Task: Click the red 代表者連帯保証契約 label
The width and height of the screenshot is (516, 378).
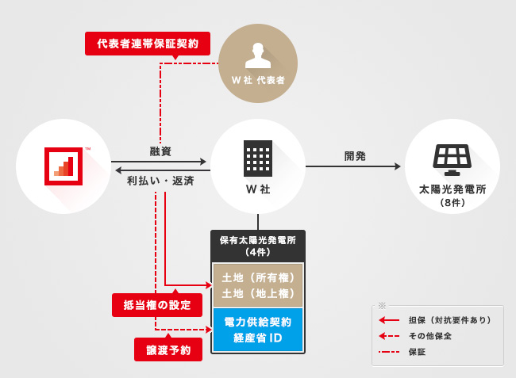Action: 148,43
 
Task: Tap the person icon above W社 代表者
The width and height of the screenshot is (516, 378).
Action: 257,55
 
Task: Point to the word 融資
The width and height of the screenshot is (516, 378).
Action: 160,151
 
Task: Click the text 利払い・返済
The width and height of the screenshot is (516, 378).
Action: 160,180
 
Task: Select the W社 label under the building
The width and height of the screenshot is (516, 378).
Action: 257,190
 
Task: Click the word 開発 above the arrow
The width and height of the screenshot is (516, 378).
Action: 355,156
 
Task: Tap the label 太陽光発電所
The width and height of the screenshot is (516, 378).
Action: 451,191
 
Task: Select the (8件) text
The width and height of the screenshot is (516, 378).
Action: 451,204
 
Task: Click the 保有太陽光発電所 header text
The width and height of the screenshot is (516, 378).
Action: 257,240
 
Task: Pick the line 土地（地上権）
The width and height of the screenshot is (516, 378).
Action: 258,292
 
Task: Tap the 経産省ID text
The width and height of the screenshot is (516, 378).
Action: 258,338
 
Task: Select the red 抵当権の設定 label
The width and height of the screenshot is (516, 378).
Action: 157,304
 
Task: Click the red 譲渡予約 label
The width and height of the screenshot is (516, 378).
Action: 168,349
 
